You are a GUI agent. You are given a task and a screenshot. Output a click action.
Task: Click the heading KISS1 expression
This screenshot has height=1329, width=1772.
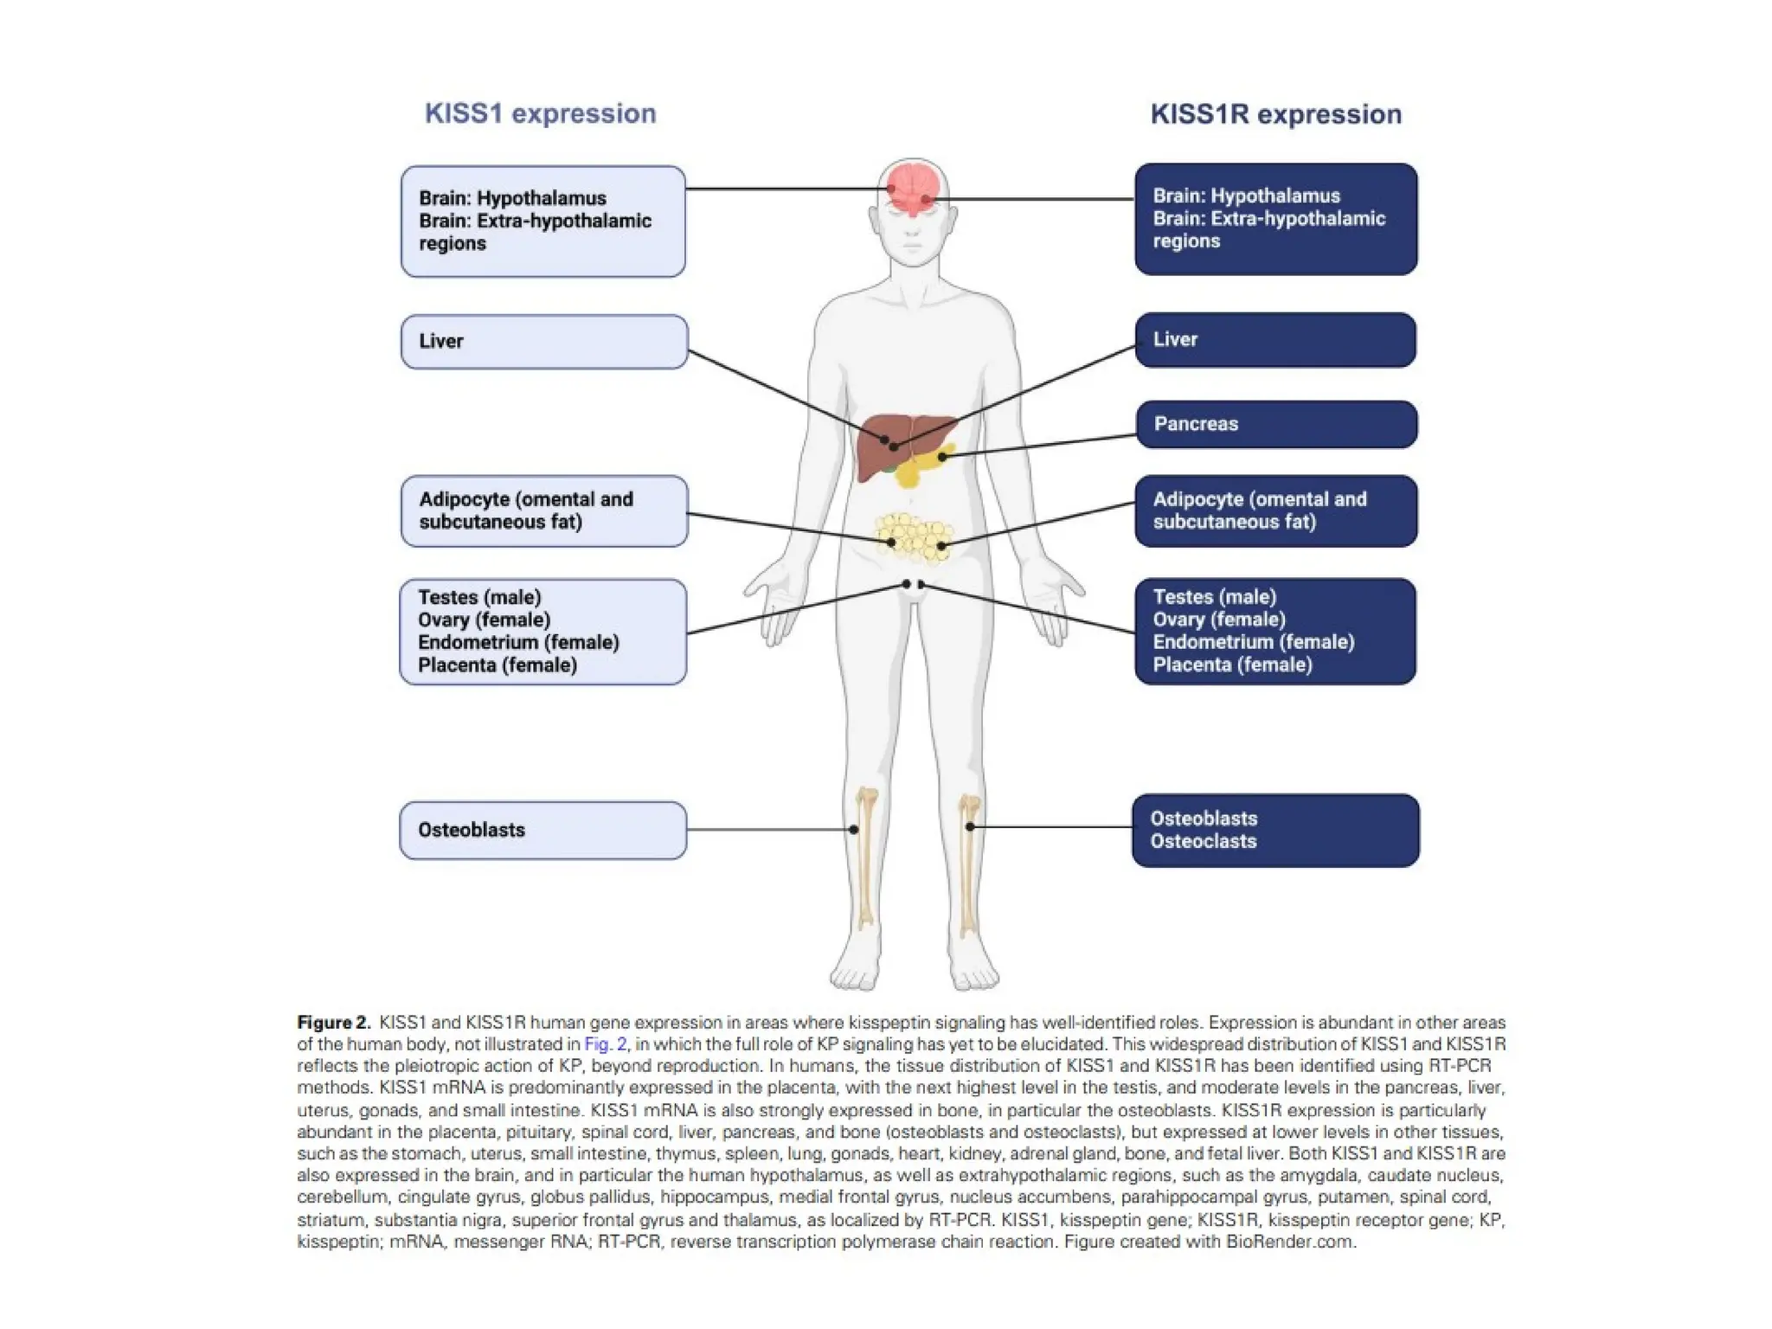pos(540,113)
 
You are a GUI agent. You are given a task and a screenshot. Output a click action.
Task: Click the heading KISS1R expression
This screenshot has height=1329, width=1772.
pos(1275,114)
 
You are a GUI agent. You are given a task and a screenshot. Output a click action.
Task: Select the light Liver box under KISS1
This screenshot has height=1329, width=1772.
pos(543,342)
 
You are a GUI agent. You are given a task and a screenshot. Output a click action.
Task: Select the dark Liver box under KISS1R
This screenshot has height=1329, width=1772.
pos(1275,340)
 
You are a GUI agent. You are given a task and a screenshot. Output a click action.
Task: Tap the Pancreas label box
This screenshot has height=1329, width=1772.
pos(1275,424)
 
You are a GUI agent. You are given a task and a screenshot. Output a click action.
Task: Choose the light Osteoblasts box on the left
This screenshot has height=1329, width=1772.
pos(543,831)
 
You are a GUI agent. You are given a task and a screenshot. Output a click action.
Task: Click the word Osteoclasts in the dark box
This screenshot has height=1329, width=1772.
pos(1203,842)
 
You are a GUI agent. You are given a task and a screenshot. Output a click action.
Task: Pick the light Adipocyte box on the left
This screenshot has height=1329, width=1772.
pos(543,511)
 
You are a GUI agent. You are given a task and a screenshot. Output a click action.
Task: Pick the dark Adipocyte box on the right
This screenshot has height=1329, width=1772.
pos(1275,511)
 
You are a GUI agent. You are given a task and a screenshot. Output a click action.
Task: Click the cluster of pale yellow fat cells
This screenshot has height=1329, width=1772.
pos(914,537)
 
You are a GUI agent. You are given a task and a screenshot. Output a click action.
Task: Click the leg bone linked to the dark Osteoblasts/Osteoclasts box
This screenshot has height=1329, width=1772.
pos(969,857)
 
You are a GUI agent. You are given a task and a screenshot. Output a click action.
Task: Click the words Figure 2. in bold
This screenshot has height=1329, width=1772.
pos(333,1023)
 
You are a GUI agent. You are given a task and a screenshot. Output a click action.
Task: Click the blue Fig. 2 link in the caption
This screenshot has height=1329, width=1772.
pos(605,1044)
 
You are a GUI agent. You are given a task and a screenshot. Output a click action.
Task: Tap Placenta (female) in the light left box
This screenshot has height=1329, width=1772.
pos(497,665)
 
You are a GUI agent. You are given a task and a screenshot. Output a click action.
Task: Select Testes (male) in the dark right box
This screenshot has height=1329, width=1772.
pos(1214,597)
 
